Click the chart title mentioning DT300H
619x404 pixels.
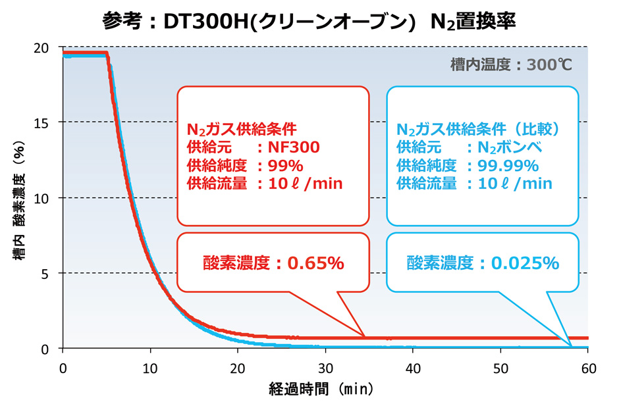point(309,20)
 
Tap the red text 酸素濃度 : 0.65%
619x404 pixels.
point(272,264)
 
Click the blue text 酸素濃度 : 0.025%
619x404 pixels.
point(483,264)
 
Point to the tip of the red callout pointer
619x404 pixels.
point(364,337)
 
